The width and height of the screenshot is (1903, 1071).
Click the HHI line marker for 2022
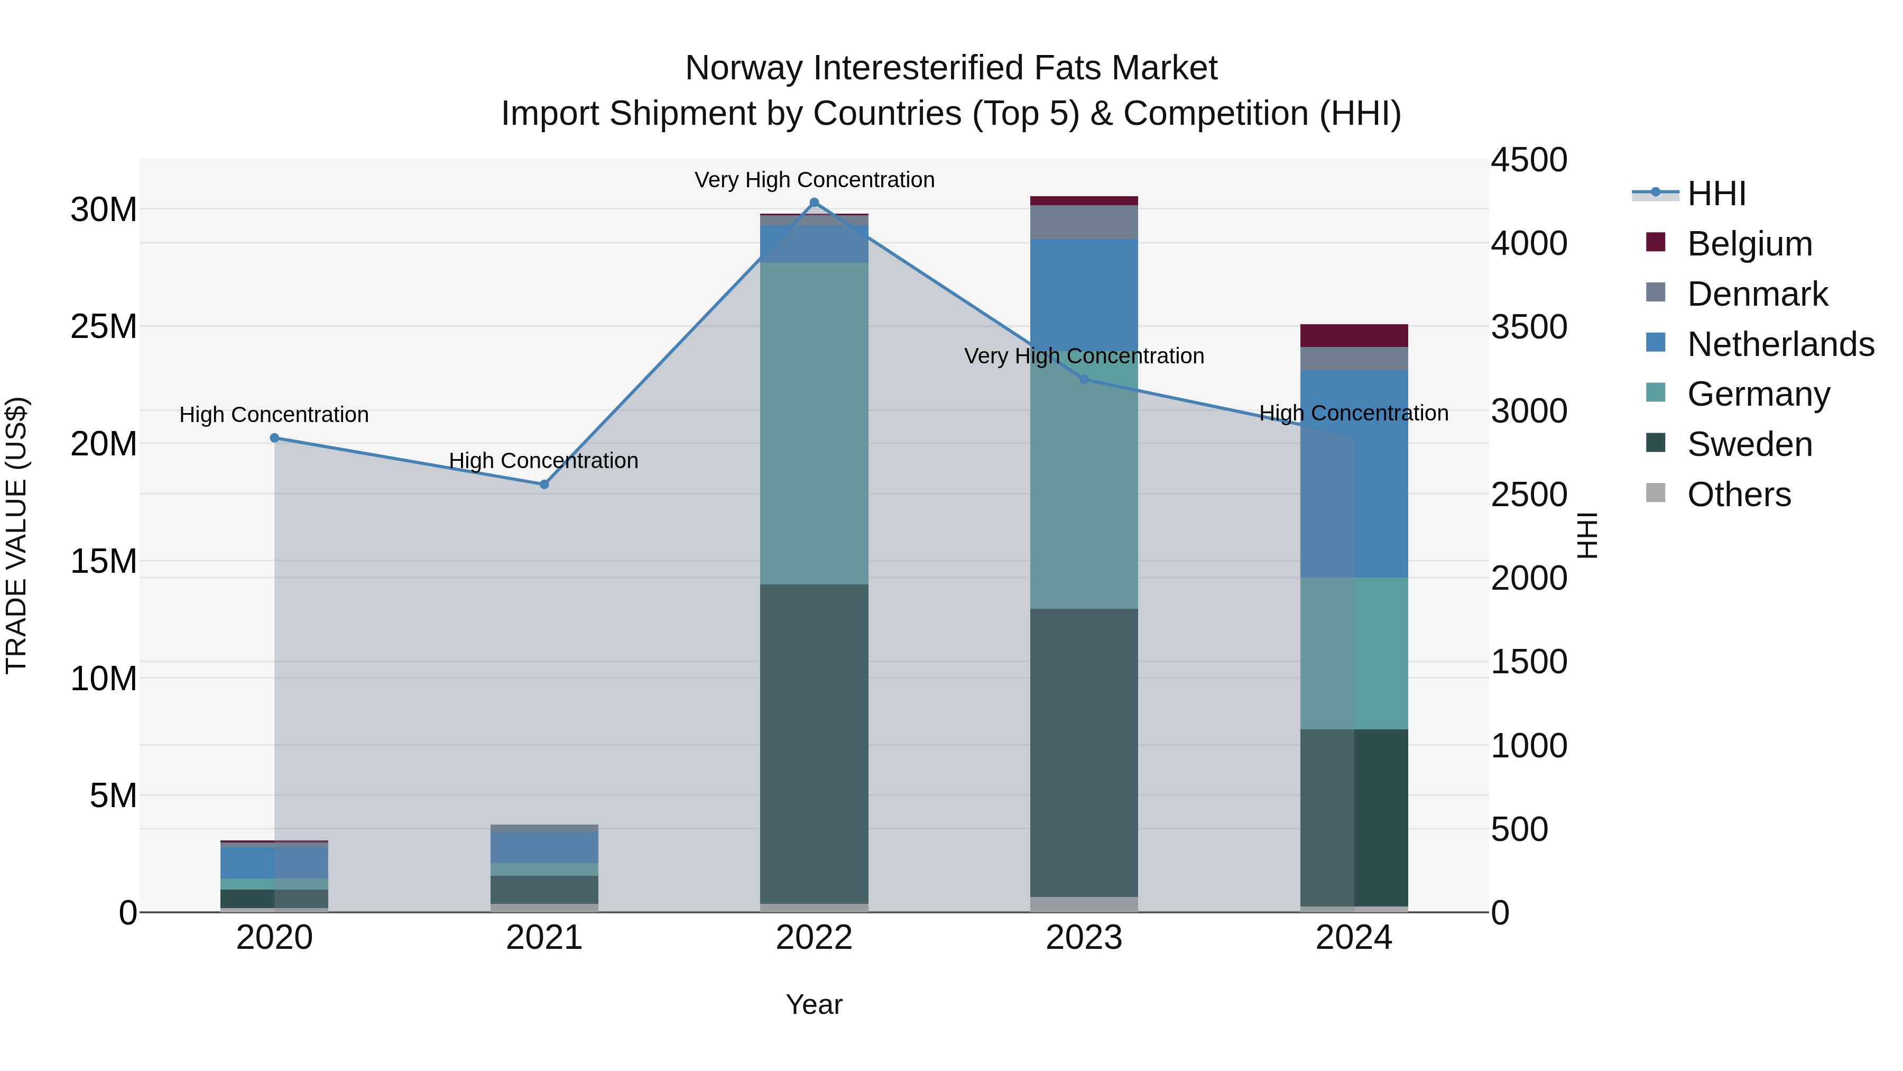(x=814, y=203)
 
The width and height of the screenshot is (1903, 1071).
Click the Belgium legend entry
(x=1749, y=244)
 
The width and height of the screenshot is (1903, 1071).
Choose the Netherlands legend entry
(x=1780, y=344)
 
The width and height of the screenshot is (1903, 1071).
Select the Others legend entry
(x=1739, y=495)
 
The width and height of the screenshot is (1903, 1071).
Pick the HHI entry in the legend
(x=1716, y=194)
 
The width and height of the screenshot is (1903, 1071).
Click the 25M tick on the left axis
(x=104, y=327)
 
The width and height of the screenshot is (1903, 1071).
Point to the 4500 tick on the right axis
(x=1528, y=160)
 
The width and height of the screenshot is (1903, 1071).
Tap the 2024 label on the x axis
(x=1353, y=938)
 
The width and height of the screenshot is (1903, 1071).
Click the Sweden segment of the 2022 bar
(x=814, y=743)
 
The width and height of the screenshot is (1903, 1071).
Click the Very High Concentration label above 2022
(x=814, y=180)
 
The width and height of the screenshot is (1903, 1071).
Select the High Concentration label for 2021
(x=544, y=461)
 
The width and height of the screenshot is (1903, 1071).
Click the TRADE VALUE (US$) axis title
(x=16, y=535)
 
